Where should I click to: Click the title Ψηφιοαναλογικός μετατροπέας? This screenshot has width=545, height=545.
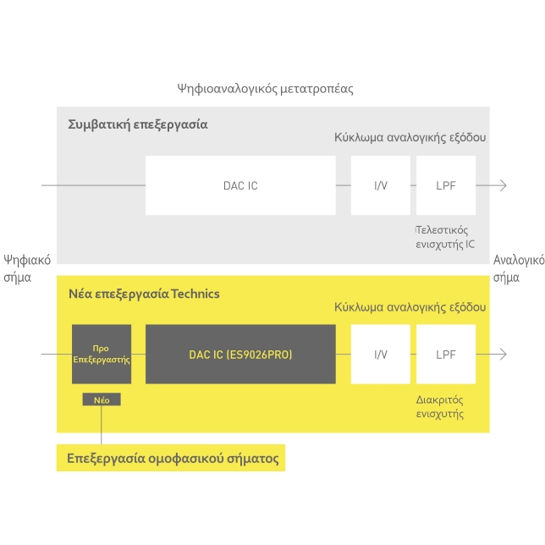point(265,88)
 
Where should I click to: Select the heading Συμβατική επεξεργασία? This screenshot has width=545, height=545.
point(137,124)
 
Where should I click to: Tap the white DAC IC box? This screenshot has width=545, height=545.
point(240,185)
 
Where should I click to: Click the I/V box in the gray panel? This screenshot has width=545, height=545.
point(381,185)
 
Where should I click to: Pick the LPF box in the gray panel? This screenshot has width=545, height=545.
point(445,185)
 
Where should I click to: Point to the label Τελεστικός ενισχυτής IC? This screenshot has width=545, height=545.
point(445,237)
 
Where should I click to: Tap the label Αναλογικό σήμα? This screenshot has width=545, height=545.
point(518,268)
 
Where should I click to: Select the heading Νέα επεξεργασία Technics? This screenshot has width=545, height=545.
point(144,294)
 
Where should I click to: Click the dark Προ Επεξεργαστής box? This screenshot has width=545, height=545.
point(102,354)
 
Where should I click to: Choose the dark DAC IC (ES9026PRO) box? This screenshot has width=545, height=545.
point(240,354)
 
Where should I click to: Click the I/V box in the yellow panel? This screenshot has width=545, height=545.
point(381,354)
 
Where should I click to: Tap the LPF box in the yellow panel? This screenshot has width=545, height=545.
point(445,354)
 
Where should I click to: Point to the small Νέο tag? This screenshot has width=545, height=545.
point(102,399)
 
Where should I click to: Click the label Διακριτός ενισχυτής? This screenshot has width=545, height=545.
point(440,406)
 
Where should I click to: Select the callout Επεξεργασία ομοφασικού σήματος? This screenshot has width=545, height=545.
point(173,459)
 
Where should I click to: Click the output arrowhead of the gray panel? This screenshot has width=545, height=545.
point(504,185)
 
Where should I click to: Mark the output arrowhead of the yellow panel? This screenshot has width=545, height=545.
point(504,354)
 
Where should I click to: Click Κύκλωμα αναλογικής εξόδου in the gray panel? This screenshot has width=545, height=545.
point(410,137)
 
